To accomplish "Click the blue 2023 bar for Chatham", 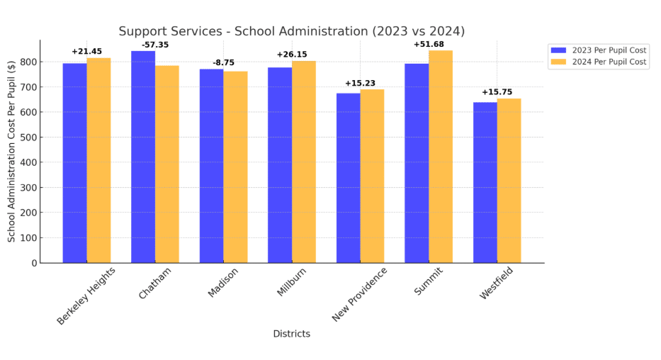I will click(143, 157).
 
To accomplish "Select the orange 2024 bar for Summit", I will click(441, 157).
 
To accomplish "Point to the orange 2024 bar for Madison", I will click(235, 167).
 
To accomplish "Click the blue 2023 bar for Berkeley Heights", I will click(74, 163).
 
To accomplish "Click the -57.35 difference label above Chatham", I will click(155, 45).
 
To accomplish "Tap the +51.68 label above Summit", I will click(429, 44).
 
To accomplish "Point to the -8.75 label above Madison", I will click(223, 62).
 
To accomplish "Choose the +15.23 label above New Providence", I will click(360, 83).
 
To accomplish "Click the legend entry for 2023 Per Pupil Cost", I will click(599, 50).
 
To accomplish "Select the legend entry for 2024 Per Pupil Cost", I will click(599, 62).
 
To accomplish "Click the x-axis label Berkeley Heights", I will click(86, 296).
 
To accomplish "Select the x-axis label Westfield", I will click(495, 283).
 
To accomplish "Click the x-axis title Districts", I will click(291, 334).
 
